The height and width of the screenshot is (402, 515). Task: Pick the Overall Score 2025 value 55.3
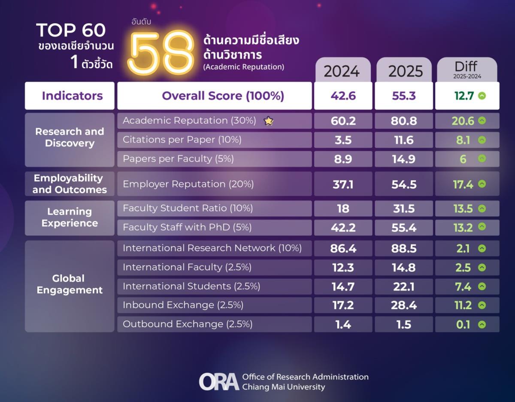click(404, 96)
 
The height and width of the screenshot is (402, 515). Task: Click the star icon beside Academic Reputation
click(269, 121)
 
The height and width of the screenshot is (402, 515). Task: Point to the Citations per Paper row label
click(182, 140)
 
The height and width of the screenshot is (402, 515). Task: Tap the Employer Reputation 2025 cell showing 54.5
click(404, 184)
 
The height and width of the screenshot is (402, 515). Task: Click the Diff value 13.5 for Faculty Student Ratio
click(463, 209)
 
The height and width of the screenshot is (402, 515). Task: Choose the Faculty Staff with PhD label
click(187, 228)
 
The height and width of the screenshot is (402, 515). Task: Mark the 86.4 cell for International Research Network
click(343, 248)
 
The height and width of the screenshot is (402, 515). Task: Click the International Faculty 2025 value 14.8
click(404, 268)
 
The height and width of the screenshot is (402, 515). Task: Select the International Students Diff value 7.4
click(463, 286)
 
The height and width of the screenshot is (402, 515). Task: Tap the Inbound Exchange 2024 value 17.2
click(343, 305)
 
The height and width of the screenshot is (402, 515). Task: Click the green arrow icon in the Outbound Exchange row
click(482, 324)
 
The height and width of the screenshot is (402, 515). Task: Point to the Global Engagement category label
click(70, 284)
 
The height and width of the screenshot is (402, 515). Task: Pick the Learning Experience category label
click(70, 217)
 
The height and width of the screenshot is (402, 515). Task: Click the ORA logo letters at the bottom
click(218, 381)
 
